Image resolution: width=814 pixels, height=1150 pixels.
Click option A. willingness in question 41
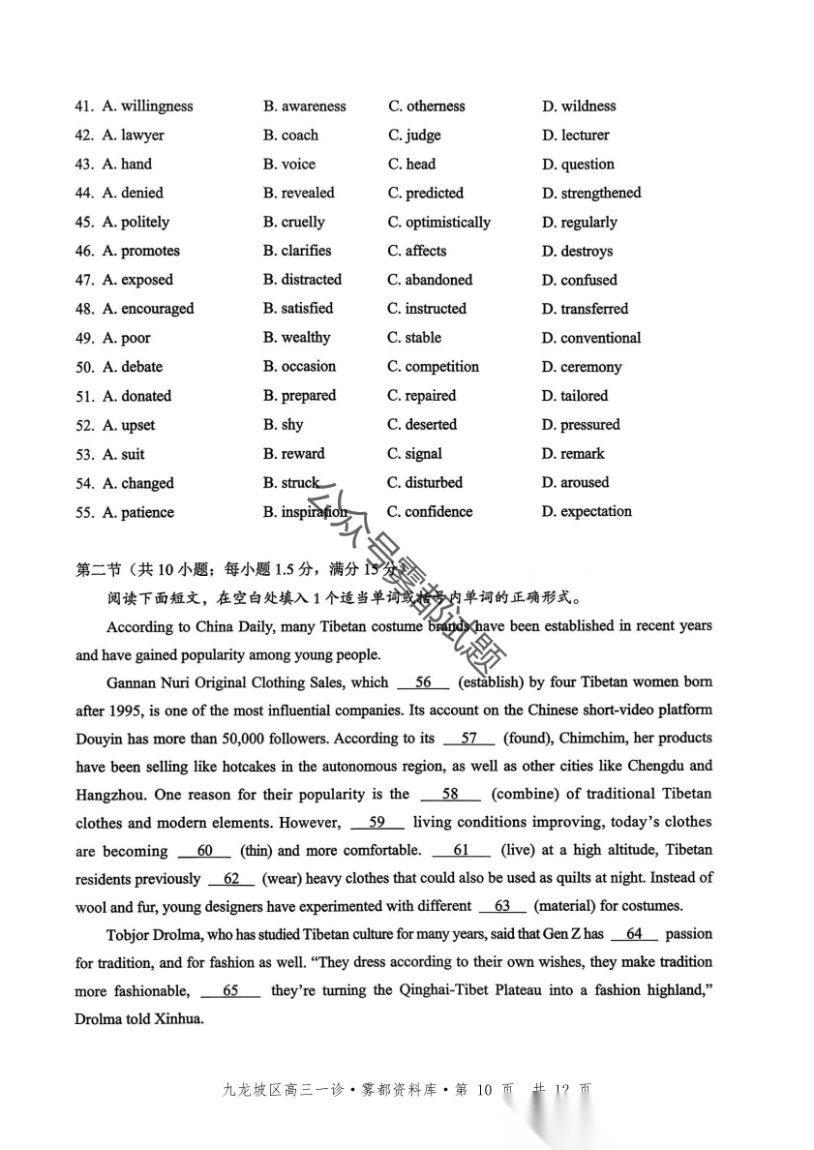click(x=147, y=106)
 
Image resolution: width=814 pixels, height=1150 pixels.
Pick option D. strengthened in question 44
click(x=591, y=193)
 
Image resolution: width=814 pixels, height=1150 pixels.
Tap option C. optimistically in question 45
click(x=439, y=222)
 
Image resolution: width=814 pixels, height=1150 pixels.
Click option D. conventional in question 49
click(x=591, y=338)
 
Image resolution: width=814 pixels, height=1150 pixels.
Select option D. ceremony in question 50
click(x=582, y=367)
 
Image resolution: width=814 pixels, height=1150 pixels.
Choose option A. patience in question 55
click(x=138, y=512)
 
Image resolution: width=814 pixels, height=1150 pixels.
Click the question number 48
click(x=85, y=309)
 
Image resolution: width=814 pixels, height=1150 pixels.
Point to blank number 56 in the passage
click(x=423, y=682)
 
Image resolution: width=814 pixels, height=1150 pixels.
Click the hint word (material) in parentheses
click(x=564, y=906)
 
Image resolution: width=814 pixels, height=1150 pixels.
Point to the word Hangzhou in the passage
click(x=110, y=794)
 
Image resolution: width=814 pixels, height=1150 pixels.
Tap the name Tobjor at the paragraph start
click(x=133, y=934)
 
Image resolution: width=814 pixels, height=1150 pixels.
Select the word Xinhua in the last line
click(x=179, y=1018)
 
